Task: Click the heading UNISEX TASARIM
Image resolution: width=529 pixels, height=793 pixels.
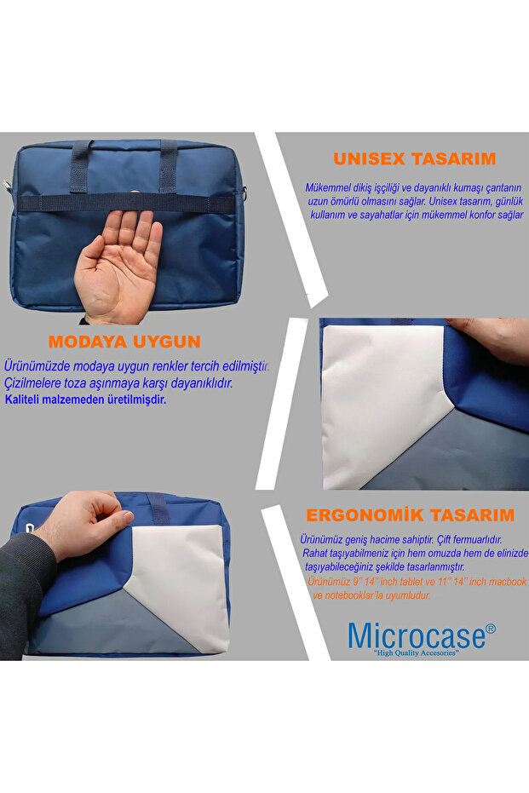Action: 414,158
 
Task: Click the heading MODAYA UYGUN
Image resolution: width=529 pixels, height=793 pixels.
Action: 124,342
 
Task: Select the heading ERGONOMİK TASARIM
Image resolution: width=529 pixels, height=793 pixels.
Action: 410,515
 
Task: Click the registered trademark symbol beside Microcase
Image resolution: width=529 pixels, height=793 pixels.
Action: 491,629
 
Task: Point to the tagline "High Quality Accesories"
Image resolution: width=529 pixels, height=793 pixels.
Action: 416,653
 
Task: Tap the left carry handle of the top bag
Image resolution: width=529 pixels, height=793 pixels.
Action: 81,167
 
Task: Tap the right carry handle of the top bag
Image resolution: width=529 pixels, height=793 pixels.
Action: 169,167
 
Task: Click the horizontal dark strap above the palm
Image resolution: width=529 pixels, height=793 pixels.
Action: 126,203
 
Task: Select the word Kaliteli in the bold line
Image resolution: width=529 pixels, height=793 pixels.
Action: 22,399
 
